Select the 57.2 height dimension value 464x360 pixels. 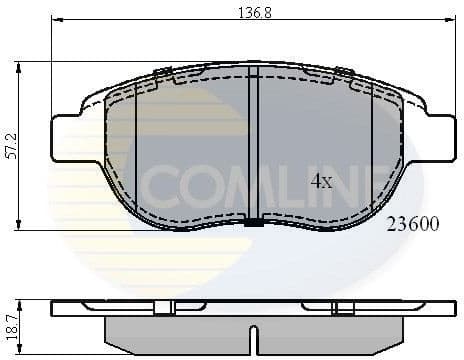(9, 146)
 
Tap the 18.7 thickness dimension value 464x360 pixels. (9, 323)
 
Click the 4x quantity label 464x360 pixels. (321, 182)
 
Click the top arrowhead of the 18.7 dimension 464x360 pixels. (21, 301)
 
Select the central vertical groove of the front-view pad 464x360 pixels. (254, 150)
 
